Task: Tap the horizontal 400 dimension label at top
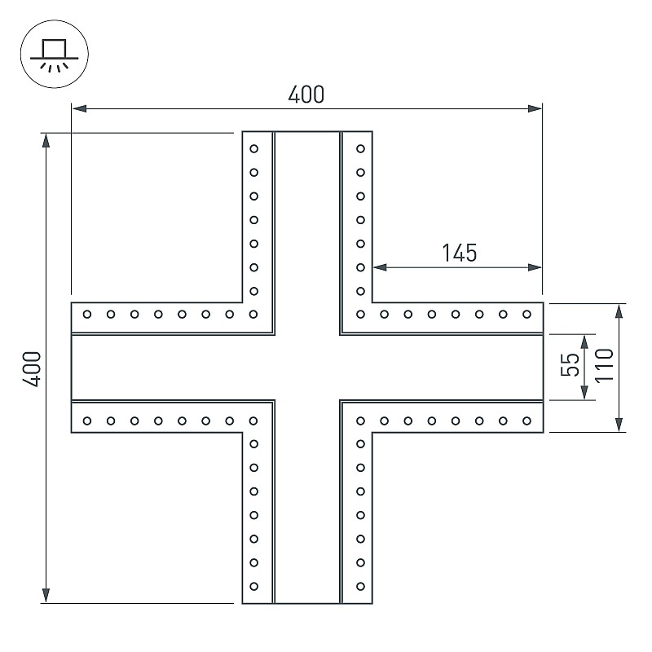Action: tap(306, 95)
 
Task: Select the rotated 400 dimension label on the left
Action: tap(32, 369)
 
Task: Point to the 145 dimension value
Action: tap(459, 253)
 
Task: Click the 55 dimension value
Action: tap(569, 364)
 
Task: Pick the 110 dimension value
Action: tap(604, 365)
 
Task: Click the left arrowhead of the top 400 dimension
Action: tap(79, 109)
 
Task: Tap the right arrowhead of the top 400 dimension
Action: tap(535, 109)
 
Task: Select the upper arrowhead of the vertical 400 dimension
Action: tap(46, 140)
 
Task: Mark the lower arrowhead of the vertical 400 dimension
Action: tap(46, 596)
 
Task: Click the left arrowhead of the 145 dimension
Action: tap(380, 267)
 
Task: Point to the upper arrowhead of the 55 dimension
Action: tap(584, 341)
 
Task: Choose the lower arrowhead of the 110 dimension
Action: tap(619, 425)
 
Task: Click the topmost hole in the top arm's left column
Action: tap(253, 149)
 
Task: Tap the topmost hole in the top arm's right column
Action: tap(360, 149)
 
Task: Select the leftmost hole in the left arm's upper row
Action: tap(87, 315)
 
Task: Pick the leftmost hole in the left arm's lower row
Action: tap(87, 421)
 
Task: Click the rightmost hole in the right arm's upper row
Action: tap(526, 315)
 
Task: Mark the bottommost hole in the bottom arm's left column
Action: tap(253, 586)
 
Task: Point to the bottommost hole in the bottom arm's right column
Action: tap(360, 586)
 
